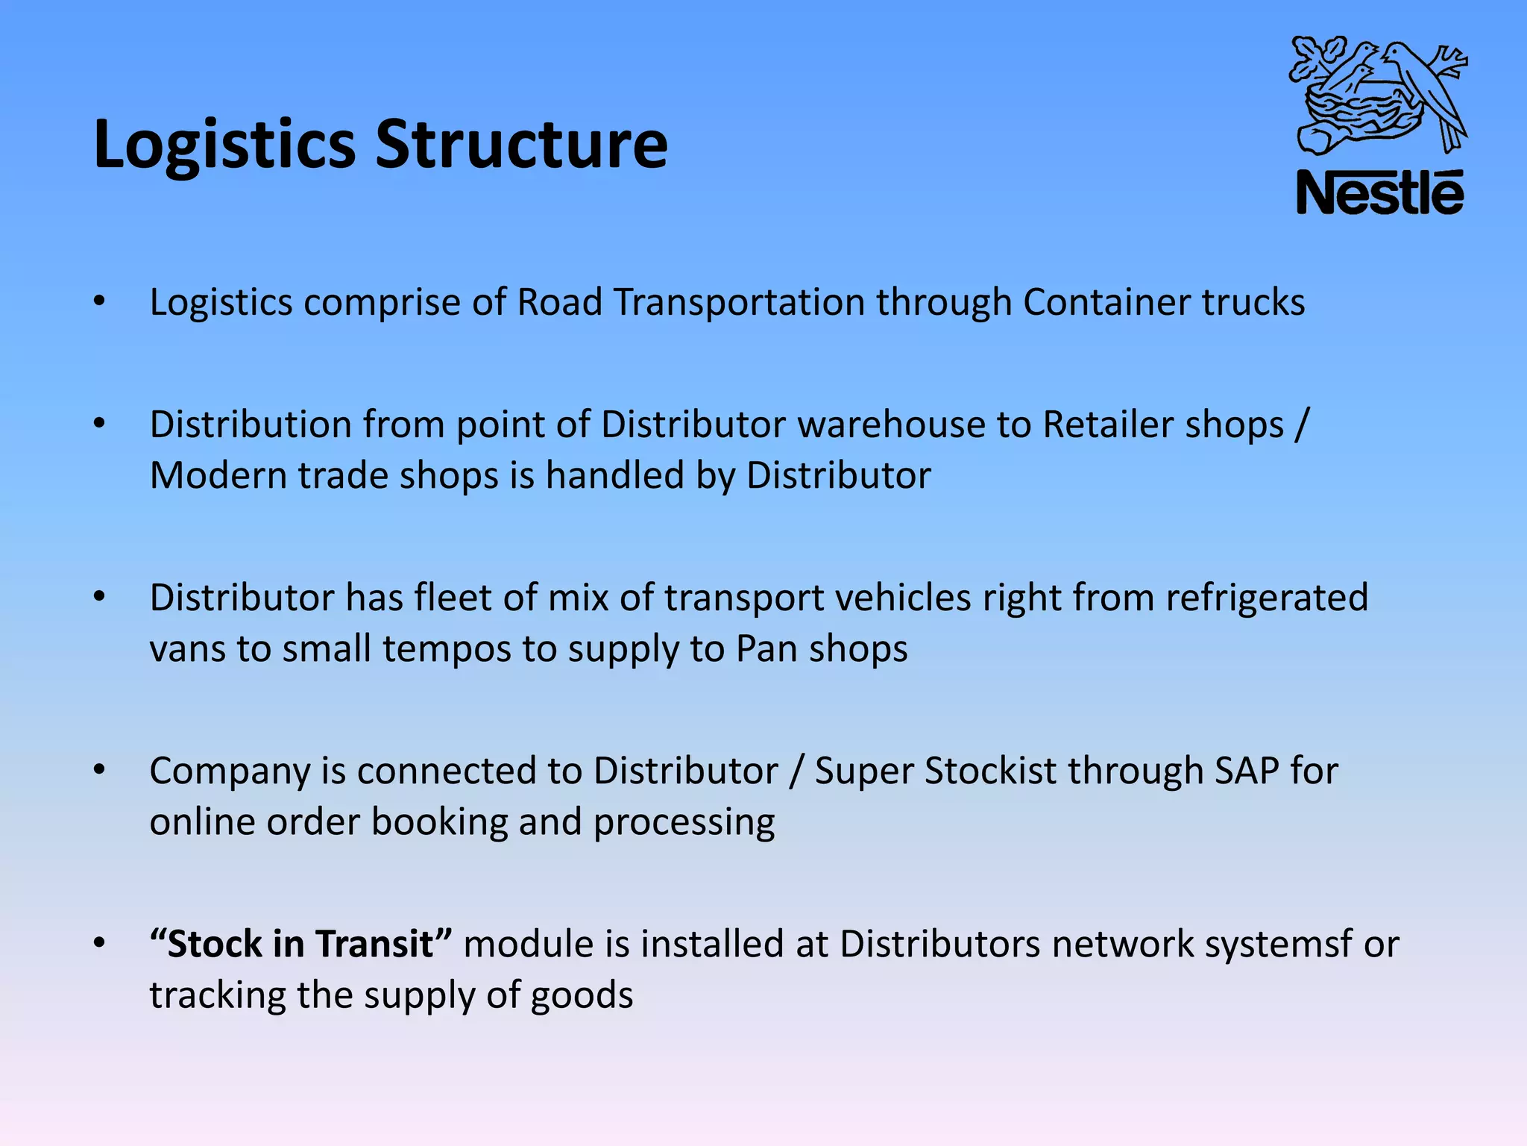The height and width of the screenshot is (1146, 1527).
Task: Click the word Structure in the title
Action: tap(521, 143)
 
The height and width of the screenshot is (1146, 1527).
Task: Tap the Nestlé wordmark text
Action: tap(1379, 193)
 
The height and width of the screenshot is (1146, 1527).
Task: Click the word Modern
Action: tap(218, 475)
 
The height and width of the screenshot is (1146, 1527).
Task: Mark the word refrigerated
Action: tap(1267, 598)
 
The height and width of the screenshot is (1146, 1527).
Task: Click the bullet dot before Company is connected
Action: tap(99, 770)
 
